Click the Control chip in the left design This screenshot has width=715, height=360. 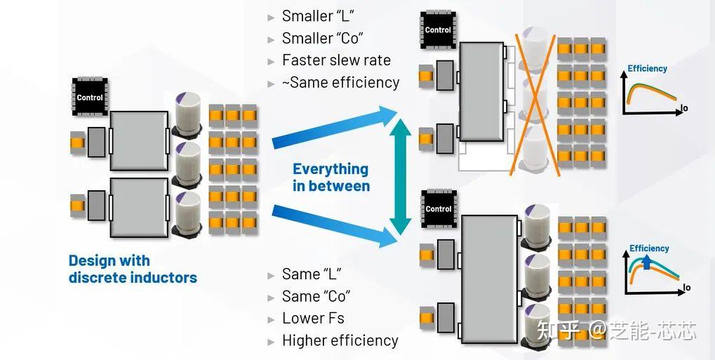click(x=89, y=97)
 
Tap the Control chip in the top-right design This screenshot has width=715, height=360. click(x=438, y=29)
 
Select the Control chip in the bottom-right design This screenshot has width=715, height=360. click(x=439, y=208)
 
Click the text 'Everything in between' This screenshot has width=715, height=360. click(x=330, y=178)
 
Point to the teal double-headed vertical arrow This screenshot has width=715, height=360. click(x=400, y=176)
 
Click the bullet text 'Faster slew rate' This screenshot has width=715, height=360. click(x=336, y=60)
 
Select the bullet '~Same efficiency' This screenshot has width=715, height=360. click(x=340, y=83)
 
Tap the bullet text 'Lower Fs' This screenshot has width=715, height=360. click(x=313, y=318)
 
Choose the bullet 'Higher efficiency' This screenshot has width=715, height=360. click(x=340, y=340)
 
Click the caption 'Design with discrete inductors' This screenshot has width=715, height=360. click(x=132, y=269)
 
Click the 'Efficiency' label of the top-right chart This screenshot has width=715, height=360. click(x=647, y=69)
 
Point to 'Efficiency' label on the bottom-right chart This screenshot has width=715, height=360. click(x=649, y=248)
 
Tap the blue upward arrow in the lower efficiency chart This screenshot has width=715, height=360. click(x=646, y=262)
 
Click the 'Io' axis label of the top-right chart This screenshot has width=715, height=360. click(x=685, y=108)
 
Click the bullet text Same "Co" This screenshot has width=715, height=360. click(x=316, y=295)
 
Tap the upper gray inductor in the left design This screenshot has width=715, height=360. click(x=138, y=140)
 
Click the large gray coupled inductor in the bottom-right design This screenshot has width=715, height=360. click(x=489, y=278)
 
